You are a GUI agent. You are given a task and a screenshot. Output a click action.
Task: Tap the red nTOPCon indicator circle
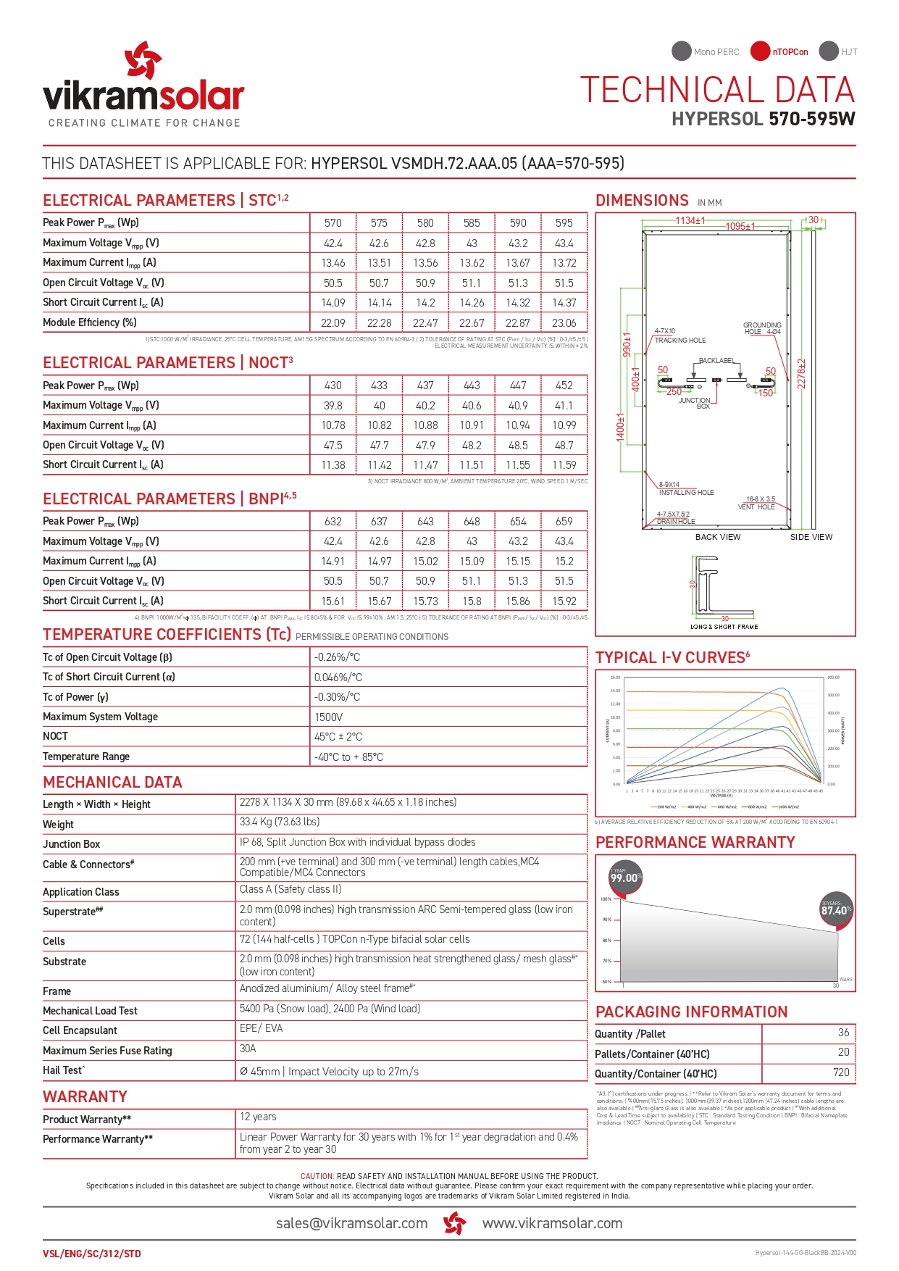point(759,51)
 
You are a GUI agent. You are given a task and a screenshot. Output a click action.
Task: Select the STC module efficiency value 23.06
point(564,323)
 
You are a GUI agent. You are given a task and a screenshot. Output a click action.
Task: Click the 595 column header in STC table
point(564,223)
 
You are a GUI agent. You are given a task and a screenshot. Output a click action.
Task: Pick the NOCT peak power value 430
point(333,386)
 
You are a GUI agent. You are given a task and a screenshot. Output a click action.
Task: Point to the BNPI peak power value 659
point(564,522)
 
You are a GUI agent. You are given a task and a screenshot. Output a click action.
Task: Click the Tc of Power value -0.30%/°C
point(337,697)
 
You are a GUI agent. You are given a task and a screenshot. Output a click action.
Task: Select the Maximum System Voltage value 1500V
point(328,717)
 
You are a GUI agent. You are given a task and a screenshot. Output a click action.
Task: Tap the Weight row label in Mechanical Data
point(58,825)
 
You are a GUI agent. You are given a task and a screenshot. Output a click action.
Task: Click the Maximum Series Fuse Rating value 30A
point(248,1049)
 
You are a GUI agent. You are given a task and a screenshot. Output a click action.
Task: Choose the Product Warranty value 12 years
point(258,1117)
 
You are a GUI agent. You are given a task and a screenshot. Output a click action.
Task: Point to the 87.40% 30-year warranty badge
point(835,909)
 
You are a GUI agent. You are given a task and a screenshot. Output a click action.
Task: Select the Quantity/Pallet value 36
point(843,1033)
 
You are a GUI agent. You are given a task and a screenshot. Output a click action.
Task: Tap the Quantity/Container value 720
point(840,1072)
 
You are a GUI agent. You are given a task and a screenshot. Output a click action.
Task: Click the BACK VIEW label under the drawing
point(717,537)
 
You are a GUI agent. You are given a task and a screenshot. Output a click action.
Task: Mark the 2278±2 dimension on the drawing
point(802,373)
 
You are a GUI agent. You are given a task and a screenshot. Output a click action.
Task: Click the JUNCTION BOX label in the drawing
point(695,403)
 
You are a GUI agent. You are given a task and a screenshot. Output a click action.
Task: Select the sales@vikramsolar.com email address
point(351,1223)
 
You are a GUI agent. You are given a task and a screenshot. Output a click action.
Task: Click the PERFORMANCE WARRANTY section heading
point(695,842)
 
